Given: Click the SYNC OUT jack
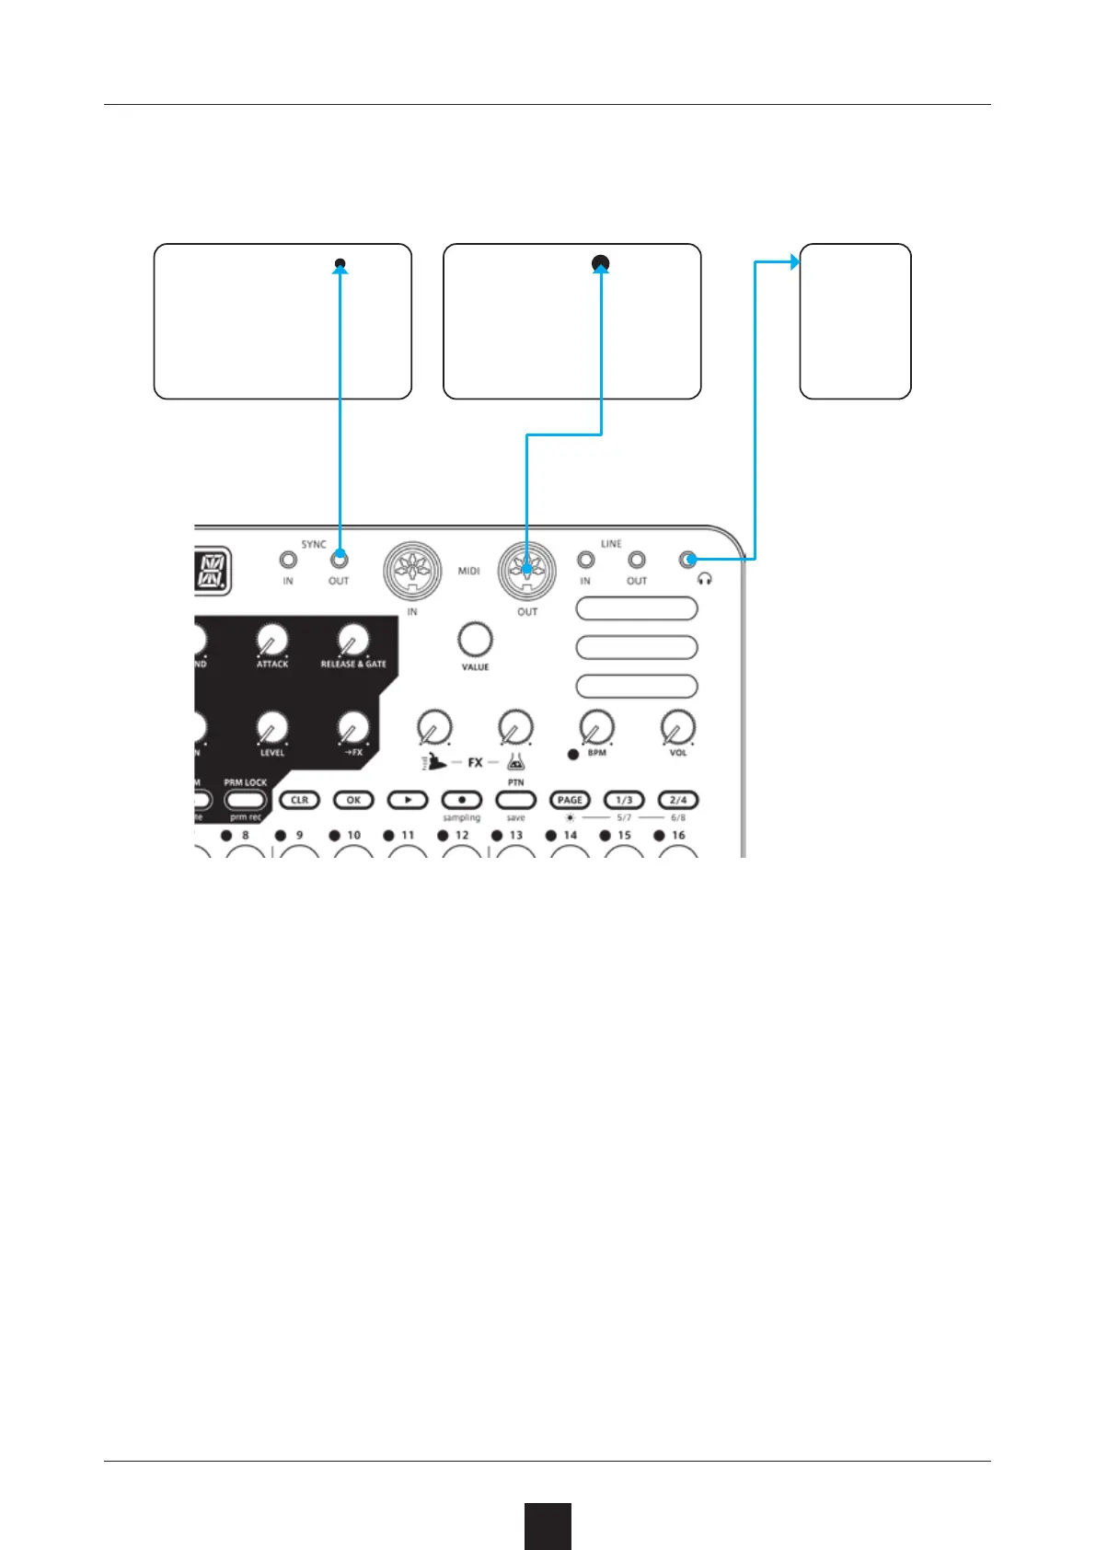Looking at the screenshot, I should point(340,559).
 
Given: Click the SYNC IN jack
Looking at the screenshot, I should point(288,559).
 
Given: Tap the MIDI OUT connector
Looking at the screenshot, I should point(526,571).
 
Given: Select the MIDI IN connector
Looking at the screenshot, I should point(412,571).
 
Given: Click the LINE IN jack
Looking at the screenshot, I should point(585,559).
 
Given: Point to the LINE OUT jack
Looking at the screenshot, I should point(637,559).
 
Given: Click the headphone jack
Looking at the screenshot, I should point(687,559).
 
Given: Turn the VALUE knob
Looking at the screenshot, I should point(475,639).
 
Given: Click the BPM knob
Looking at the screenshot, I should point(597,727).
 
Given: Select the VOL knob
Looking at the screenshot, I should point(678,727).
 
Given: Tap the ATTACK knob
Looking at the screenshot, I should point(271,639).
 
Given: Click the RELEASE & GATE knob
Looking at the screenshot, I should point(352,639).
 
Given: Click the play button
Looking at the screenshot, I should point(408,800).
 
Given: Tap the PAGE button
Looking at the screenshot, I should point(570,800).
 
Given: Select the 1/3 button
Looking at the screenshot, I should point(624,800).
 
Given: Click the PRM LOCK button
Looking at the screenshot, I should point(245,801).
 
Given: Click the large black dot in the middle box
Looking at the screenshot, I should point(601,264).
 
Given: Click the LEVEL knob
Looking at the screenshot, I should point(271,727).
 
